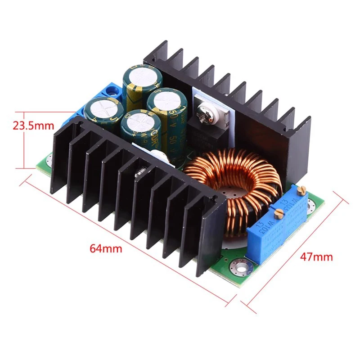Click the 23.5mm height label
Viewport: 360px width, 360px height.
coord(32,125)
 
